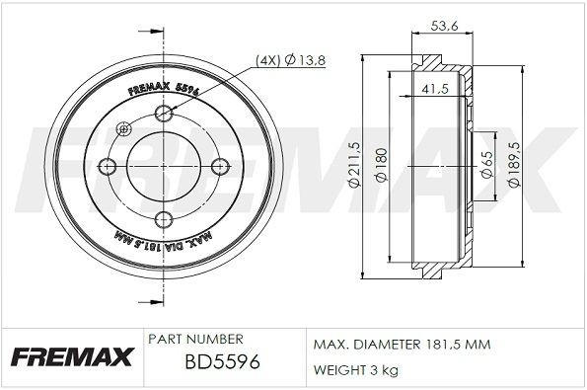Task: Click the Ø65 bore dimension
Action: [x=486, y=165]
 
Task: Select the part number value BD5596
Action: [x=222, y=362]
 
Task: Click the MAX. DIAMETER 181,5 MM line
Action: [x=402, y=345]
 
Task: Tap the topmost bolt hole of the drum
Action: [x=164, y=117]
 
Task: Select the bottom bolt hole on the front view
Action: [x=164, y=217]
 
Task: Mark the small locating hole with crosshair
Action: [x=123, y=128]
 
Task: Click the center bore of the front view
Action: [x=164, y=167]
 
